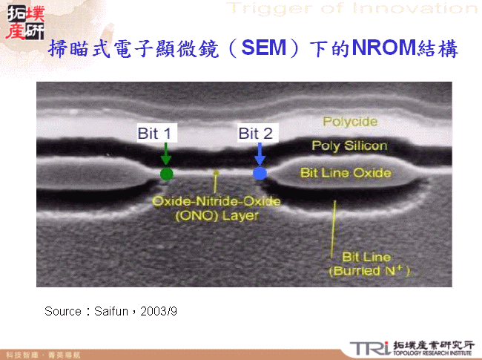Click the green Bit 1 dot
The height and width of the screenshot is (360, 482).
167,174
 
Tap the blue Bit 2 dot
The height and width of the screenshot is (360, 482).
260,174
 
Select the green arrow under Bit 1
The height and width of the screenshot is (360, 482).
166,154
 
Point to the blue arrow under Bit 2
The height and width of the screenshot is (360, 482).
259,154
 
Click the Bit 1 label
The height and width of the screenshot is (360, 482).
155,134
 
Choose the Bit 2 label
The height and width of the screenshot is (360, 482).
256,134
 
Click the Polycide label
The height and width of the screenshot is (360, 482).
350,122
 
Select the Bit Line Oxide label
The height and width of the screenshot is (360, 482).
346,173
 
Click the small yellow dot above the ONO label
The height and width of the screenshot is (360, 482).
216,174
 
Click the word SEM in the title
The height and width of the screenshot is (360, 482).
264,50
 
